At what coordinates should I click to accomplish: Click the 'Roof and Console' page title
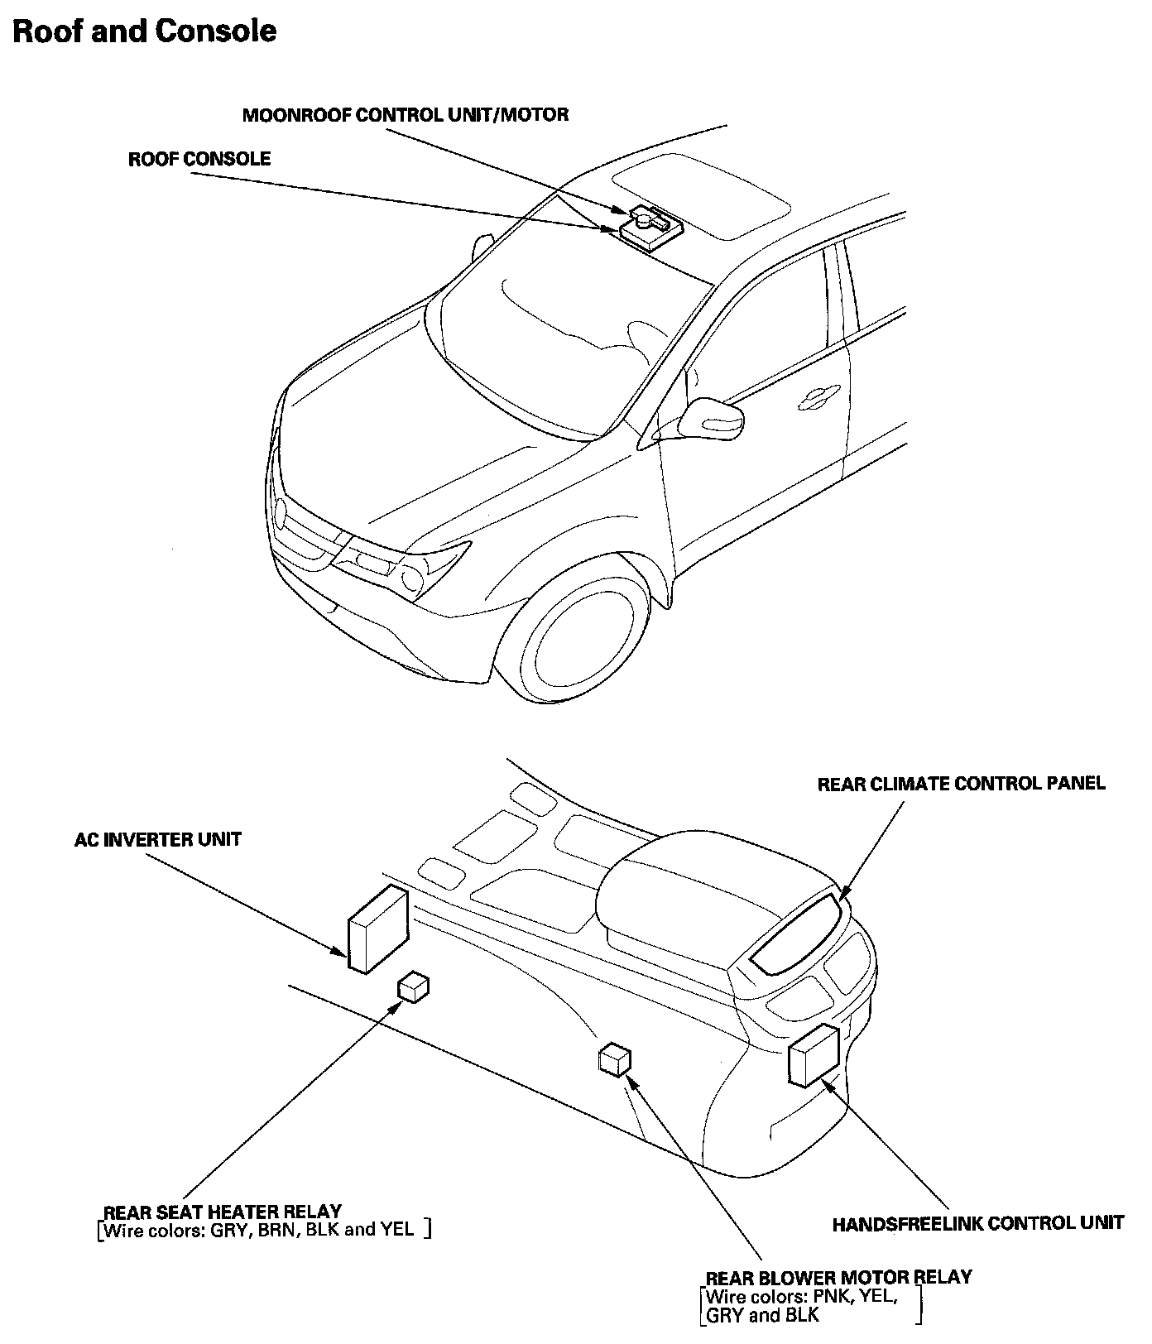[x=144, y=31]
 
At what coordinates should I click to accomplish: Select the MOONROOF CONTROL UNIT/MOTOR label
[x=405, y=115]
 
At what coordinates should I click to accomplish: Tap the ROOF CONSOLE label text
[x=199, y=159]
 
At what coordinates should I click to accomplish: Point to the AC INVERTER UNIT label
[x=157, y=840]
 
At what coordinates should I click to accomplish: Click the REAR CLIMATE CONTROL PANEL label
[x=961, y=784]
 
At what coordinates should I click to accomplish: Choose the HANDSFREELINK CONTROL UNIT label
[x=977, y=1223]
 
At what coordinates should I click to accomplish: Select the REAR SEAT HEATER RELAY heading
[x=222, y=1212]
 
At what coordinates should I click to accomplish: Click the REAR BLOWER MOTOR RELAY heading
[x=838, y=1277]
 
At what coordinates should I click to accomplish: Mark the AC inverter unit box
[x=378, y=929]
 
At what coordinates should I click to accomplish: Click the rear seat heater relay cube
[x=414, y=986]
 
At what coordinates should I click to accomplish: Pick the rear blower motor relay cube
[x=614, y=1060]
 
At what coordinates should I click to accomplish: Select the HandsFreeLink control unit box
[x=814, y=1054]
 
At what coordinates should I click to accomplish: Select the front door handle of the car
[x=818, y=399]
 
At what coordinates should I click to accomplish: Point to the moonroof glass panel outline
[x=699, y=196]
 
